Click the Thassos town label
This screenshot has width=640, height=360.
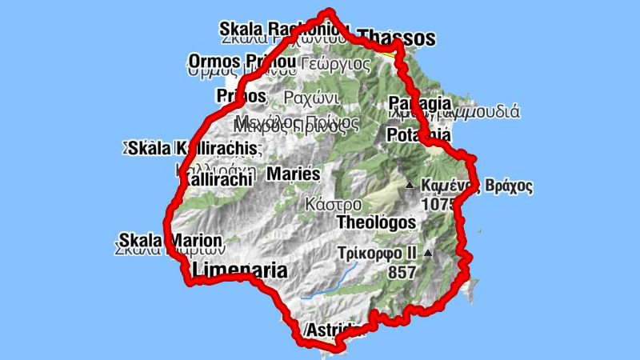tap(397, 38)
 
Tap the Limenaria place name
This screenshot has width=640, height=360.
tap(240, 270)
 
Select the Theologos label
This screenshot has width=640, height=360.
tap(376, 222)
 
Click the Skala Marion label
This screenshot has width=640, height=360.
tap(170, 239)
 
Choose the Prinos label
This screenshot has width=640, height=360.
tap(240, 96)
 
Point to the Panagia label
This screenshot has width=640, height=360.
tap(418, 103)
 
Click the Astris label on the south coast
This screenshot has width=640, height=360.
tap(336, 330)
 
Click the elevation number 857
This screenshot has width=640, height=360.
tap(402, 272)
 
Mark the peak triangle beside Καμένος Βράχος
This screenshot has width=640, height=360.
tap(410, 186)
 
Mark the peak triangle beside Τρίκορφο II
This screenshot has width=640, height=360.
tap(428, 254)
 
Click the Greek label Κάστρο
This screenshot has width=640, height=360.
tap(333, 203)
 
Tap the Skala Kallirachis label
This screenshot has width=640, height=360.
tap(193, 148)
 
